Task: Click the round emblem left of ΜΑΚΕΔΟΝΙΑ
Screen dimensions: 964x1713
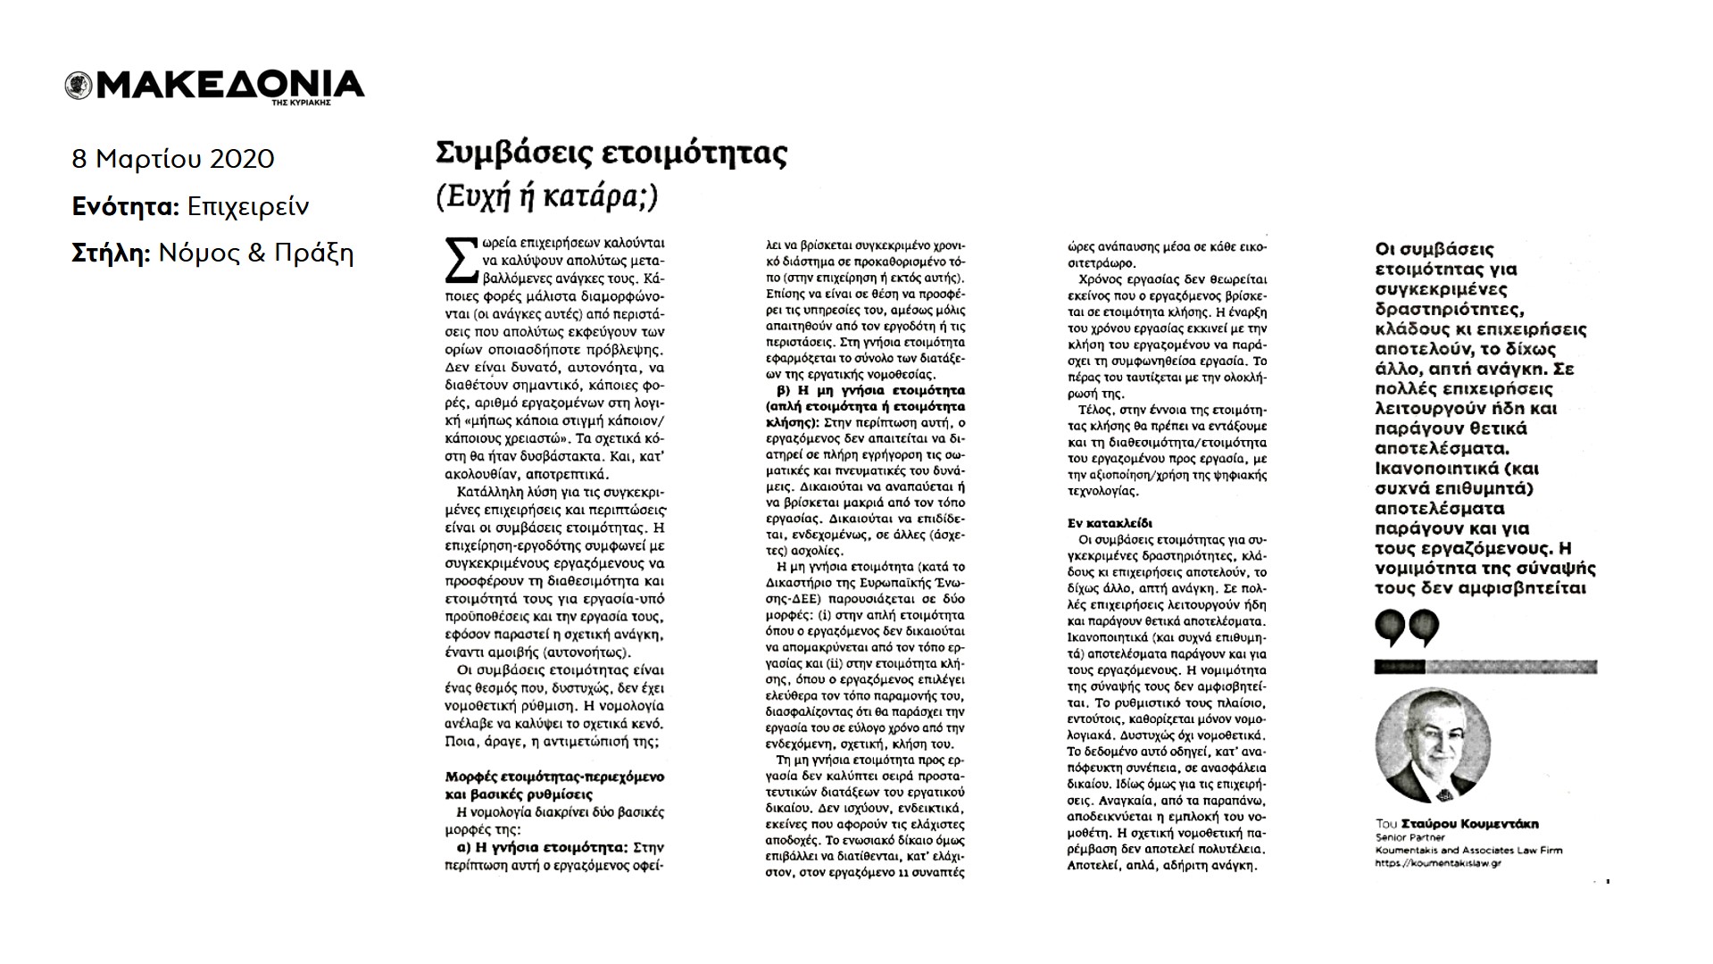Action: (x=79, y=86)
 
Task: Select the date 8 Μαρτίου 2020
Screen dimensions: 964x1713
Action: (x=173, y=159)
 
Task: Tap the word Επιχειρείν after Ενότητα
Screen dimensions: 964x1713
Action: (x=248, y=206)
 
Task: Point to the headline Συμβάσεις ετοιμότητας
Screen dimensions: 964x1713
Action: (x=611, y=154)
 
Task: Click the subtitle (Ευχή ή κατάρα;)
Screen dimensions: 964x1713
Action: (x=546, y=195)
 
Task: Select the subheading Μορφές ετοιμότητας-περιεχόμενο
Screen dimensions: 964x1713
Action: (x=554, y=777)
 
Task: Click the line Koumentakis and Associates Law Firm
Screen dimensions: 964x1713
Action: (x=1468, y=851)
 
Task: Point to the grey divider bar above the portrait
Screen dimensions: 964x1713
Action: (x=1485, y=666)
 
